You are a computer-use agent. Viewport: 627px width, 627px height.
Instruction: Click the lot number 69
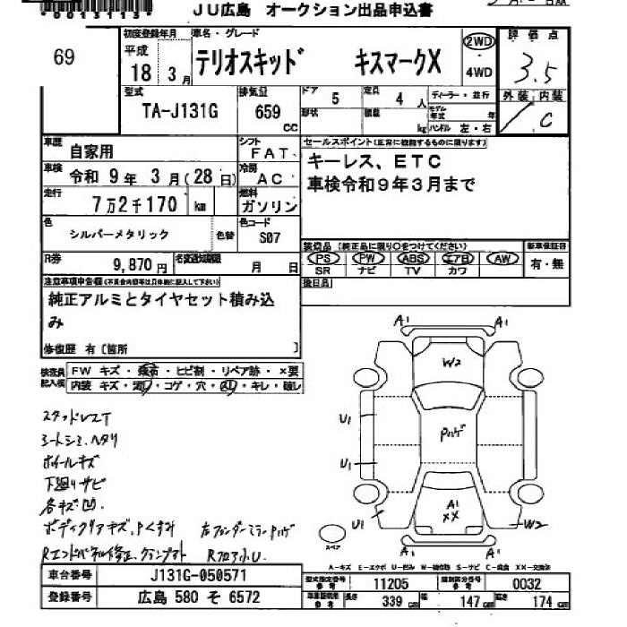click(64, 57)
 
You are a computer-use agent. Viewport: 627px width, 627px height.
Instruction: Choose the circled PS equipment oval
click(323, 258)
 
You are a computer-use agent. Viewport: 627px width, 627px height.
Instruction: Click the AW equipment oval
click(501, 258)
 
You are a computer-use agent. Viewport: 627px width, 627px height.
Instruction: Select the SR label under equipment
click(323, 270)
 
